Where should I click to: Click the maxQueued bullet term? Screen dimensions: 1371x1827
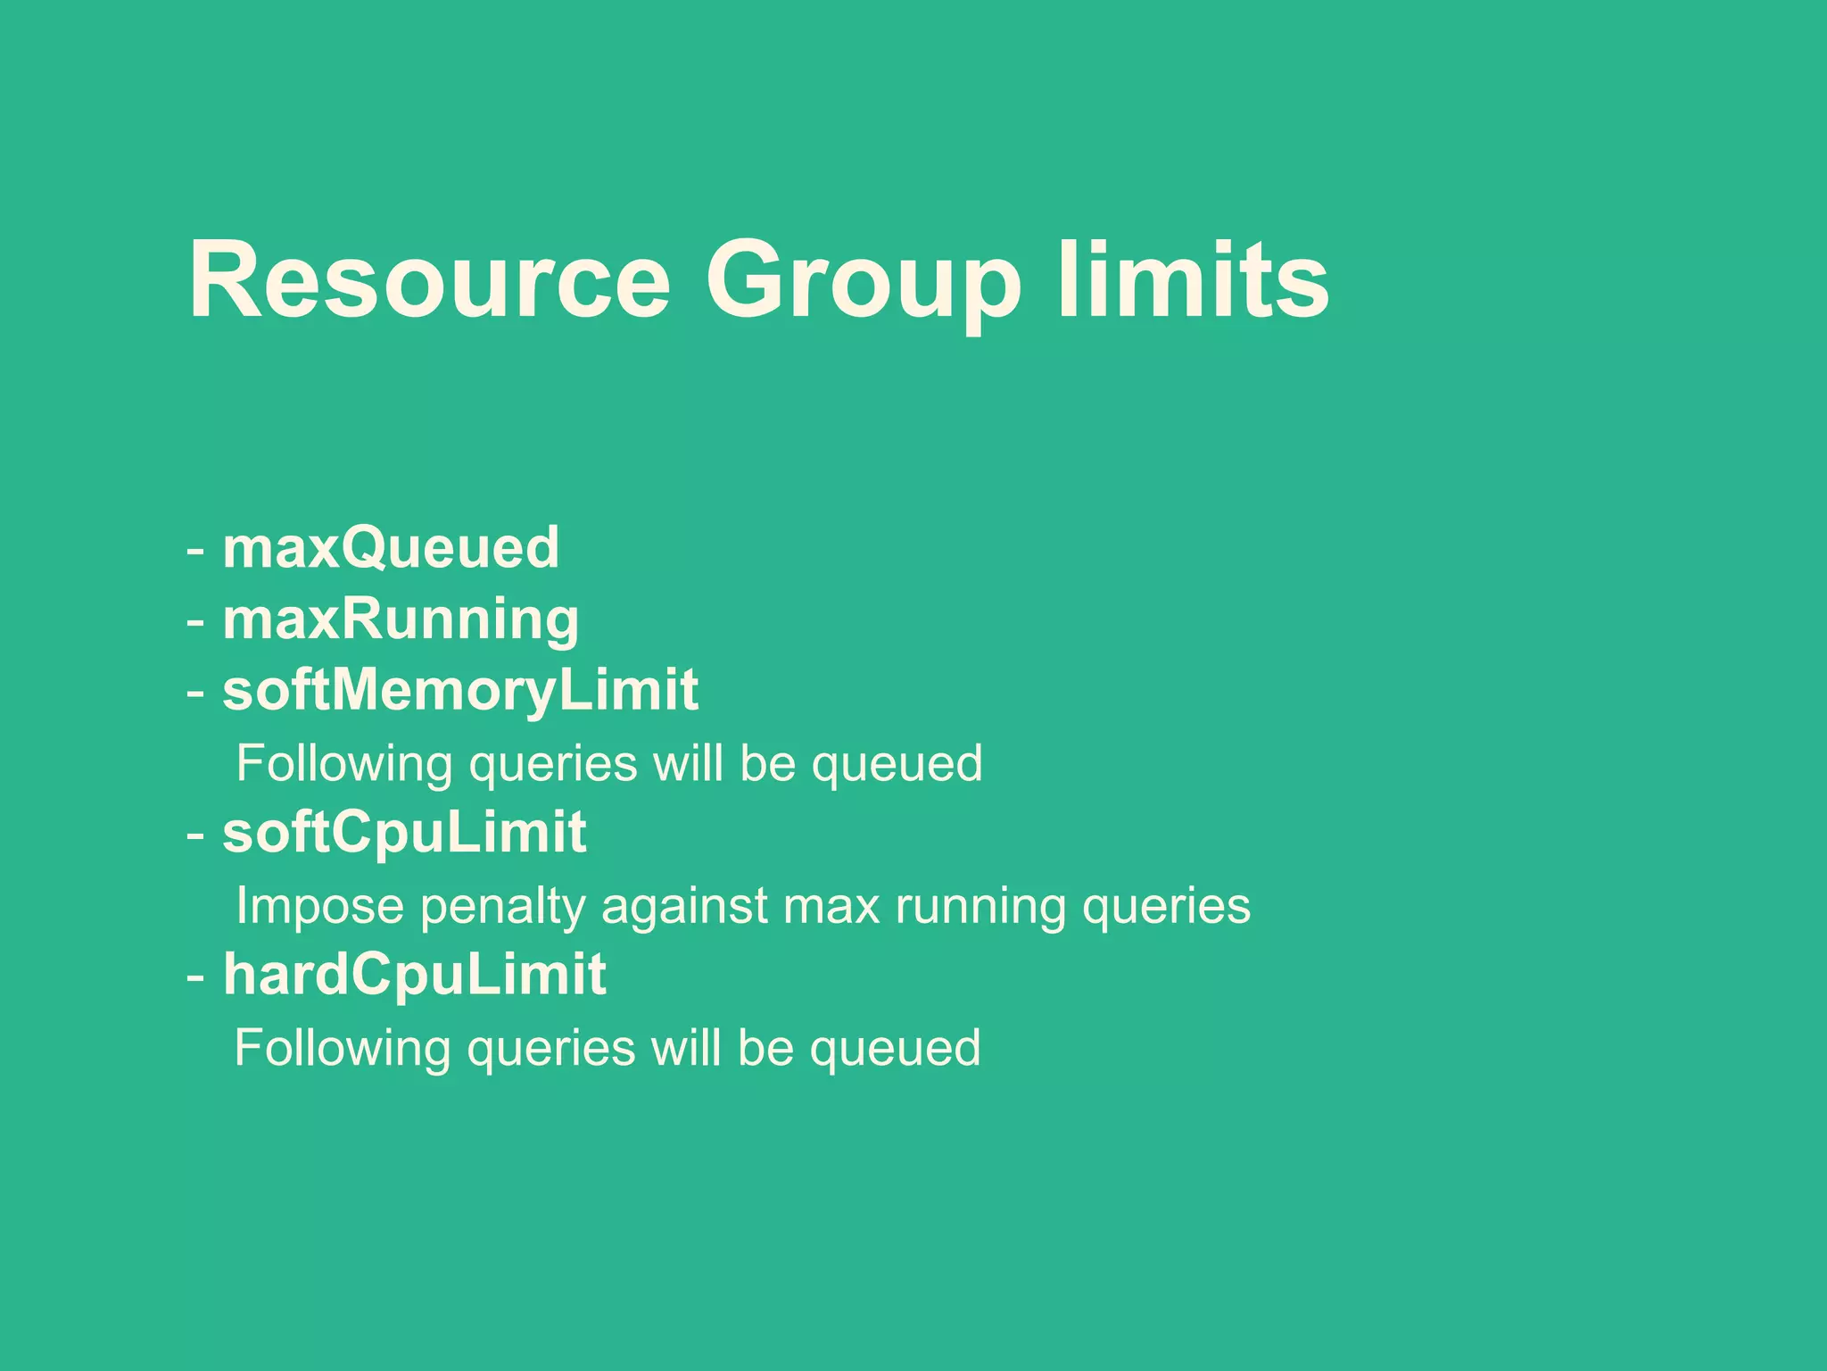[x=391, y=547]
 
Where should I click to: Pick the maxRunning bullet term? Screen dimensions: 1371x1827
[x=401, y=619]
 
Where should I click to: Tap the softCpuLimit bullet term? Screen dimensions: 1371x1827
[x=404, y=833]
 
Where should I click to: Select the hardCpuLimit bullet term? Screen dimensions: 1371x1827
[x=415, y=974]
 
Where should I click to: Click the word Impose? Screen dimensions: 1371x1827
[x=320, y=907]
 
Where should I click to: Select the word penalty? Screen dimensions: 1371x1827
[x=501, y=907]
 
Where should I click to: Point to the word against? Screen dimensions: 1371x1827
[x=683, y=907]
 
